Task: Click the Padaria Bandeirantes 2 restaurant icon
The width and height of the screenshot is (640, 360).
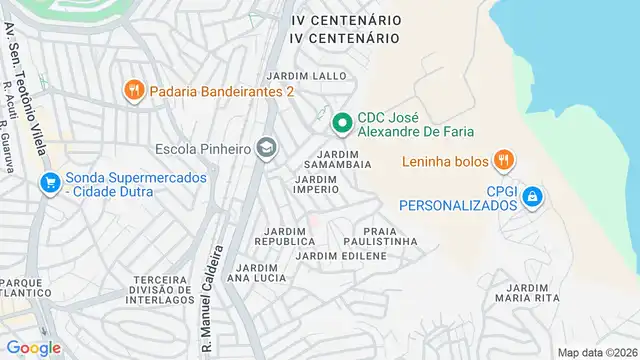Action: click(x=133, y=92)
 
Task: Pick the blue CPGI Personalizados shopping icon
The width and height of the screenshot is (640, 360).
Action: click(x=534, y=196)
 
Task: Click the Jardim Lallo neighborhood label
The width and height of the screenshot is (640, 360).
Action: click(x=306, y=75)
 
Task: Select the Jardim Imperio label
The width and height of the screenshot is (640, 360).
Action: click(x=316, y=184)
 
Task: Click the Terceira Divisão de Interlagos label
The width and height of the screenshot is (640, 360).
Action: click(x=162, y=289)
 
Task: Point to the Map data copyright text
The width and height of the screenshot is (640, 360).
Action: click(x=596, y=352)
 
